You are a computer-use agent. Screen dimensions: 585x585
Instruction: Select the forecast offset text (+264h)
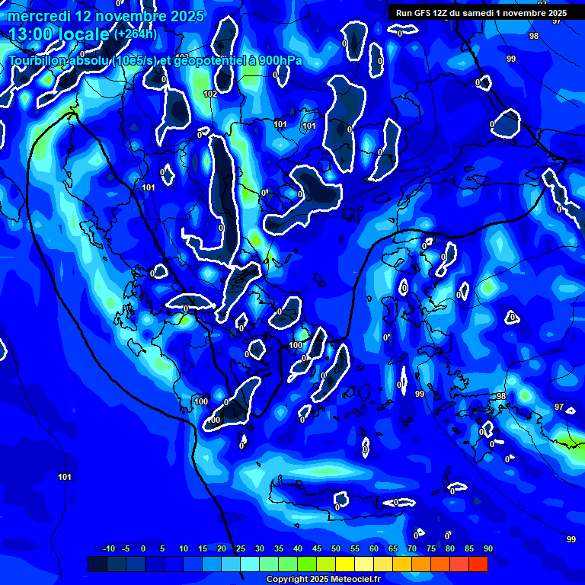coord(136,34)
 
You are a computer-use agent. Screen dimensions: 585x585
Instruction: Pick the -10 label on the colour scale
coord(108,549)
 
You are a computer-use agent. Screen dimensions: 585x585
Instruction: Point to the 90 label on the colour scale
coord(487,549)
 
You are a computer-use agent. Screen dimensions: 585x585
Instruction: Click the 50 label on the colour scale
coord(336,549)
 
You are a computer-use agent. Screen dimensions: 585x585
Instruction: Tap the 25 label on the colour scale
coord(241,549)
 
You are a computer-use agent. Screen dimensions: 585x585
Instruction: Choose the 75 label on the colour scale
coord(431,549)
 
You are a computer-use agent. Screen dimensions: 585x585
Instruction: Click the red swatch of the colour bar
coord(478,564)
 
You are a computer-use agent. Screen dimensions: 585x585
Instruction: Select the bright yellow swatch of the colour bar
coord(344,564)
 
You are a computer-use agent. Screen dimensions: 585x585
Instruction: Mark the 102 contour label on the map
coord(210,94)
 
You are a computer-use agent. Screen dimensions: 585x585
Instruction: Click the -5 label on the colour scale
coord(126,549)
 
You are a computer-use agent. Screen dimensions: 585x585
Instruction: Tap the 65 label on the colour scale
coord(393,549)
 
